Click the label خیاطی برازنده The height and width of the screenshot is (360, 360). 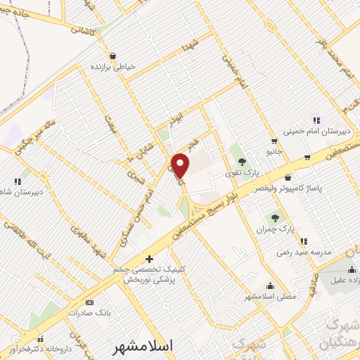click(112, 67)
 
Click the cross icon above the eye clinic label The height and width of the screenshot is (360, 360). click(148, 259)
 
